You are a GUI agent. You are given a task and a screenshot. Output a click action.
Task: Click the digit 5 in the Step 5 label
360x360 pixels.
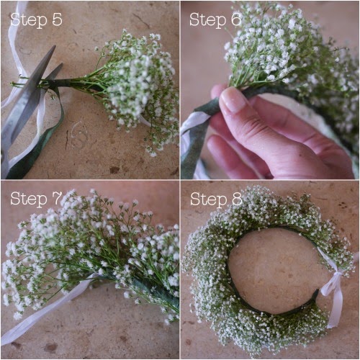[x=57, y=19]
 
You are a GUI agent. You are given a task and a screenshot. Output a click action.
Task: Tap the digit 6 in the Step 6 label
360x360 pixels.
[x=236, y=19]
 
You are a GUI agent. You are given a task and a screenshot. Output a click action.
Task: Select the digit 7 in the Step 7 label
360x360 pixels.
[x=57, y=198]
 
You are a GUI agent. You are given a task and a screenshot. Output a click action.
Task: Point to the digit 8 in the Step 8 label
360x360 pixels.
[x=236, y=199]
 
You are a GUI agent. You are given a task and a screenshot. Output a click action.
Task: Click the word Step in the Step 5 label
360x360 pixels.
[x=29, y=20]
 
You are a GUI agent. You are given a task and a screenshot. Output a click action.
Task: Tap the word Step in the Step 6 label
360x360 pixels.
[x=207, y=20]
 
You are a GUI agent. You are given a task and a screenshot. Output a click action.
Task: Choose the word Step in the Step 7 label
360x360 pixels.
[x=29, y=199]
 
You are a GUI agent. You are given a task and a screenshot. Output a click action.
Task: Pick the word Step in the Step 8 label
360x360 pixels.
[x=208, y=199]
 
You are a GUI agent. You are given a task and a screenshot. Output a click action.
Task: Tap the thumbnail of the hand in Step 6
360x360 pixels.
[x=232, y=99]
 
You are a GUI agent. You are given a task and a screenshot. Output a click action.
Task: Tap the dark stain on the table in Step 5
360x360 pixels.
[x=114, y=170]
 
